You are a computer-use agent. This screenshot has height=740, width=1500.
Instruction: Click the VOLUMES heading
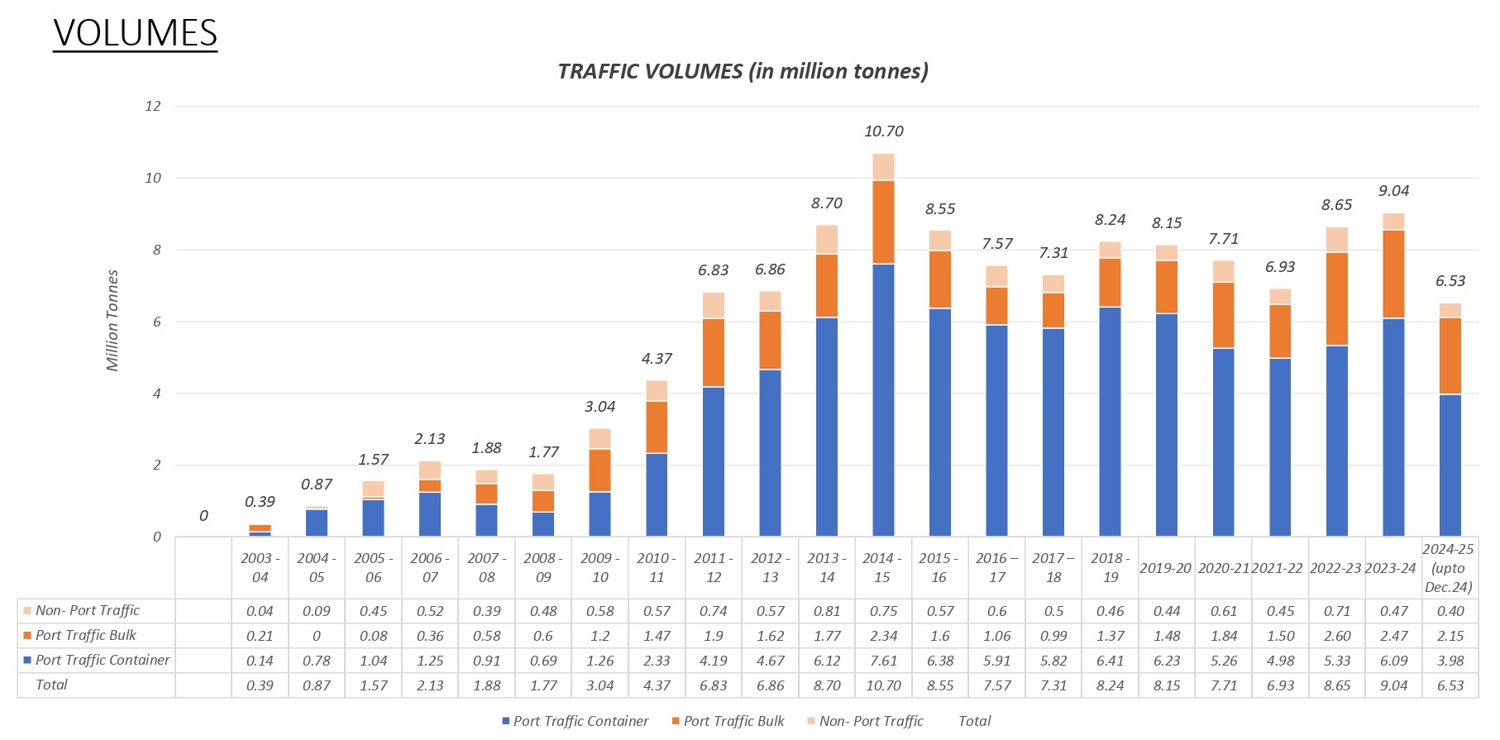click(135, 33)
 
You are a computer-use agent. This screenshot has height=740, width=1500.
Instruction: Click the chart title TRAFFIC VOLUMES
click(743, 71)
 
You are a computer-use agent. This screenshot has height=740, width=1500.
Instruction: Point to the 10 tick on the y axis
click(153, 178)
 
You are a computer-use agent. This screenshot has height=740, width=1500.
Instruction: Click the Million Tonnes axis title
click(112, 321)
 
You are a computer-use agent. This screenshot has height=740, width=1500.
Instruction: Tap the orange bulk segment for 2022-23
click(1336, 299)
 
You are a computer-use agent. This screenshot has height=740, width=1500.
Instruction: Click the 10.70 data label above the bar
click(883, 131)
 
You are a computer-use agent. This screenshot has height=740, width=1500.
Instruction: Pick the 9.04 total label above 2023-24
click(1393, 191)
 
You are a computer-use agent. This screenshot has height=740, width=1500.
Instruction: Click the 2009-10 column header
click(600, 567)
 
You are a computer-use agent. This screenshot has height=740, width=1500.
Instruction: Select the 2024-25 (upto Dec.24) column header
click(1449, 567)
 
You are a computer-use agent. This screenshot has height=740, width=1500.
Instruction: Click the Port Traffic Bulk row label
click(85, 635)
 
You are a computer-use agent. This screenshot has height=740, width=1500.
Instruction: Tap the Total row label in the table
click(51, 685)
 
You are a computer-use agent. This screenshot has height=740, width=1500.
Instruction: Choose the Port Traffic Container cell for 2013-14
click(826, 661)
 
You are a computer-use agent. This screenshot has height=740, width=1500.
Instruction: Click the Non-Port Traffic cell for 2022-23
click(1336, 611)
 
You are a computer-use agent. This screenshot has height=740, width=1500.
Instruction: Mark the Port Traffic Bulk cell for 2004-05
click(316, 636)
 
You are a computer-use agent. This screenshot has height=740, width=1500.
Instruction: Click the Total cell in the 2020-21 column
click(1223, 685)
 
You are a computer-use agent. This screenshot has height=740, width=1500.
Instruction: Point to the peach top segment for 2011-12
click(713, 305)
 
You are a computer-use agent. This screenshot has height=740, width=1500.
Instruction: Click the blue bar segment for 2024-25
click(1450, 465)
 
